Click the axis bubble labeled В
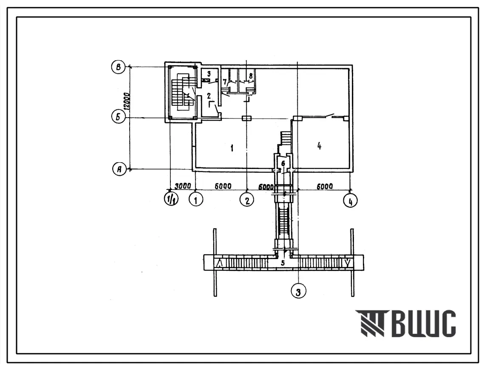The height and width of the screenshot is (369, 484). point(119,67)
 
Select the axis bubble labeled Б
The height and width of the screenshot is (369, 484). point(119,117)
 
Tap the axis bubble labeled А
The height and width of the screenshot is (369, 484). point(119,169)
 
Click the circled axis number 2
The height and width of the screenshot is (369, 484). point(247,200)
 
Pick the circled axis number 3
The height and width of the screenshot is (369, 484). point(298,291)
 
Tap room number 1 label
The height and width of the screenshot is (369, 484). point(232,148)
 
